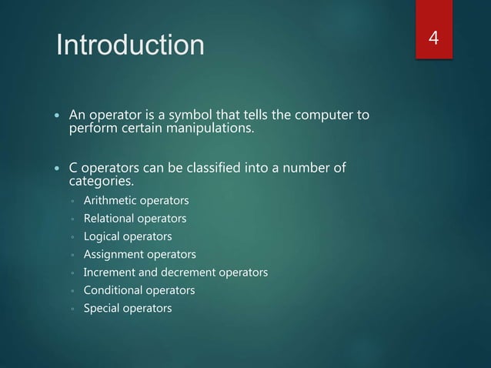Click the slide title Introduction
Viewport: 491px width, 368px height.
tap(130, 45)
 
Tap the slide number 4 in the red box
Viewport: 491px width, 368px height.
tap(433, 38)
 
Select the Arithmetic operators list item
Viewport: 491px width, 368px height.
tap(135, 201)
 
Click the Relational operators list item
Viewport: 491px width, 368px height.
tap(135, 219)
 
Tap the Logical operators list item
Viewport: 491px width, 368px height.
tap(127, 236)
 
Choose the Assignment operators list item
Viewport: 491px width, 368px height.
tap(139, 254)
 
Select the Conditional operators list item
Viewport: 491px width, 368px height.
tap(139, 290)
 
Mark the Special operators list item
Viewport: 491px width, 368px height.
tap(127, 308)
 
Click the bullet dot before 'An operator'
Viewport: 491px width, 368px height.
tap(57, 116)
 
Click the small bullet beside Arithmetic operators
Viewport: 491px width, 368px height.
tap(71, 202)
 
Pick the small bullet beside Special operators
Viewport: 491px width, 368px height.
tap(71, 309)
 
